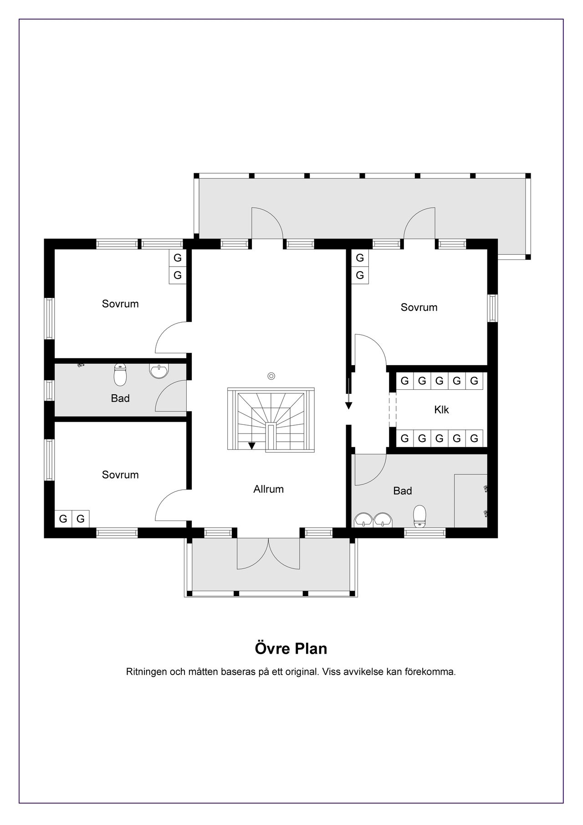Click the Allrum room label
pyautogui.click(x=268, y=489)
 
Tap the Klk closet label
pyautogui.click(x=441, y=409)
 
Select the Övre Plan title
pyautogui.click(x=291, y=648)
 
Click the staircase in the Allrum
pyautogui.click(x=271, y=420)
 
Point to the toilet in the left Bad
pyautogui.click(x=120, y=374)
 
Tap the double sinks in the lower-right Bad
pyautogui.click(x=374, y=519)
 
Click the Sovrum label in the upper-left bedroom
pyautogui.click(x=120, y=304)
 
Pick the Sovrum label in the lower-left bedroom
pyautogui.click(x=120, y=474)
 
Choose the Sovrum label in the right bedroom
pyautogui.click(x=419, y=307)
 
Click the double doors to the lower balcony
pyautogui.click(x=269, y=553)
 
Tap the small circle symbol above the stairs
pyautogui.click(x=271, y=376)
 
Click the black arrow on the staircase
pyautogui.click(x=252, y=446)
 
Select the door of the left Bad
pyautogui.click(x=171, y=396)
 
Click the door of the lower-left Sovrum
pyautogui.click(x=171, y=505)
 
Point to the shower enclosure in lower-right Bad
pyautogui.click(x=471, y=500)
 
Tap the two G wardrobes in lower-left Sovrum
pyautogui.click(x=72, y=518)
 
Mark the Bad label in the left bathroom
pyautogui.click(x=120, y=398)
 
